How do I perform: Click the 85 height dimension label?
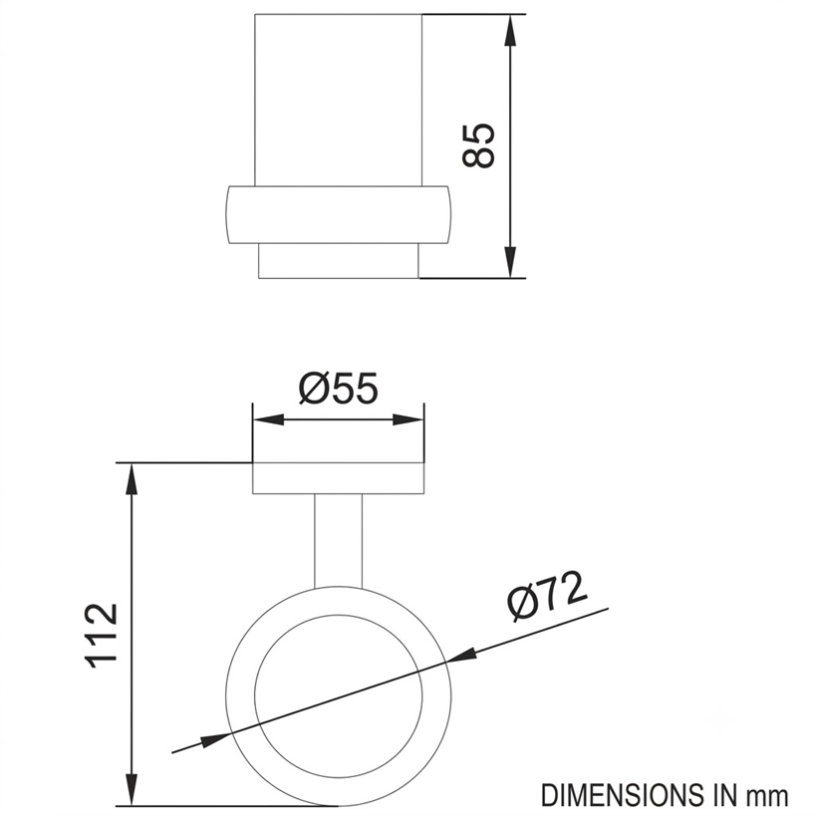(477, 145)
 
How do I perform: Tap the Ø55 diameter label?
(339, 389)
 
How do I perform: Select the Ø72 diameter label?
(547, 596)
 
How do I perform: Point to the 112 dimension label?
(101, 636)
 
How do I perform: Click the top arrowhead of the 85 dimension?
(511, 29)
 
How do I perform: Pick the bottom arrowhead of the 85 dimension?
(511, 263)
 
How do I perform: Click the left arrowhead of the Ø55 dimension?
(268, 419)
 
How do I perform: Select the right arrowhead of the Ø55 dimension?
(408, 419)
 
